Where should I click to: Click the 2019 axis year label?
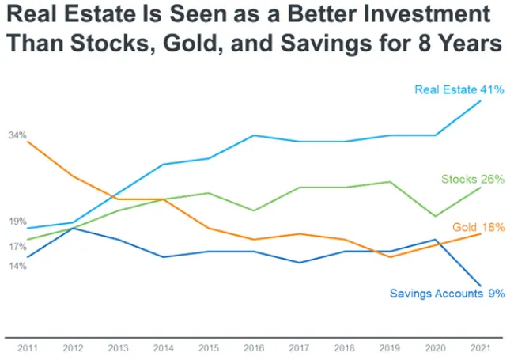(x=389, y=347)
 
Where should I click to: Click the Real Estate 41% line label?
(x=459, y=90)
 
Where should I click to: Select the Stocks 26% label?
(x=473, y=179)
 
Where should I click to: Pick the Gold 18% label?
(x=478, y=227)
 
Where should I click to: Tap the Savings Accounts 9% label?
(x=447, y=293)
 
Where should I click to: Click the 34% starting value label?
(x=18, y=135)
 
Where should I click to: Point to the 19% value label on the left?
(x=18, y=222)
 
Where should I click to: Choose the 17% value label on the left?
(x=18, y=246)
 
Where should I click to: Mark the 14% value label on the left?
(x=18, y=266)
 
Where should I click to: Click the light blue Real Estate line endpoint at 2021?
(x=480, y=101)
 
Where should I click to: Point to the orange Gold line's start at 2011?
(x=28, y=141)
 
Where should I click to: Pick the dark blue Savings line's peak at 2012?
(x=73, y=228)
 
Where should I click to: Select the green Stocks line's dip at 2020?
(x=434, y=216)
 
